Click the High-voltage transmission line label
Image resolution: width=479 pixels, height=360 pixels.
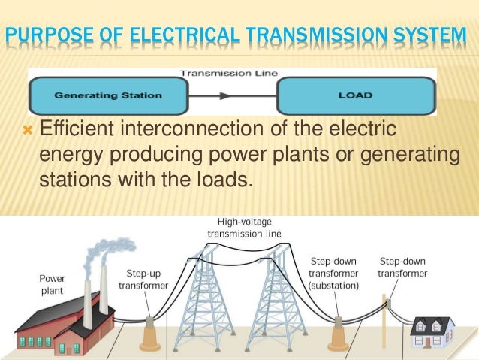click(244, 228)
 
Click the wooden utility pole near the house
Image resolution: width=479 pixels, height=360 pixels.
click(388, 323)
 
